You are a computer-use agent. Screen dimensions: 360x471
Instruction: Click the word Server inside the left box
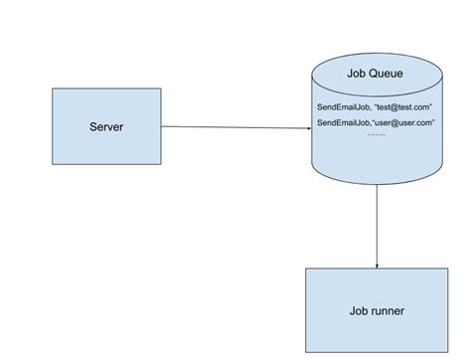106,126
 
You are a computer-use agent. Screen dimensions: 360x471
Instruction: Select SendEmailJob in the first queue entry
343,106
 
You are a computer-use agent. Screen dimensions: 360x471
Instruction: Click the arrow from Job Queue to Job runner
378,224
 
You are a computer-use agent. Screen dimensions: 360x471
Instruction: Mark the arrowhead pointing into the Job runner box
378,264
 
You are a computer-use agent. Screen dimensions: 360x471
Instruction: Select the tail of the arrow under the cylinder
378,186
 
